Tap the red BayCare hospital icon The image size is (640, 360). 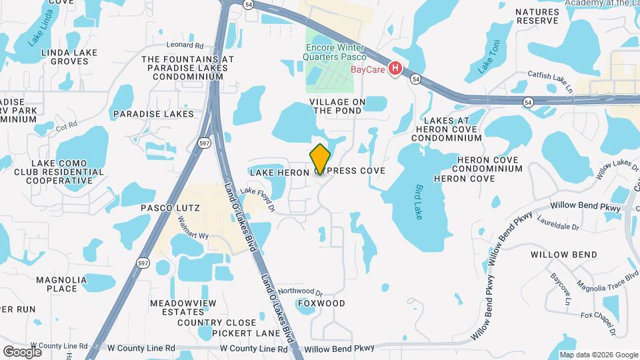(x=395, y=68)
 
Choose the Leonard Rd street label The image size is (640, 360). (x=185, y=45)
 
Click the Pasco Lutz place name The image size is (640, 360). (x=170, y=208)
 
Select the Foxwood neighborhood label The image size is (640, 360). (x=321, y=303)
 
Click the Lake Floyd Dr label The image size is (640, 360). (x=258, y=199)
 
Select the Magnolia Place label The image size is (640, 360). (x=61, y=284)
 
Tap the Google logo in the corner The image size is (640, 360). (x=22, y=351)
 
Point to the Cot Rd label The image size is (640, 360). (x=67, y=125)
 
